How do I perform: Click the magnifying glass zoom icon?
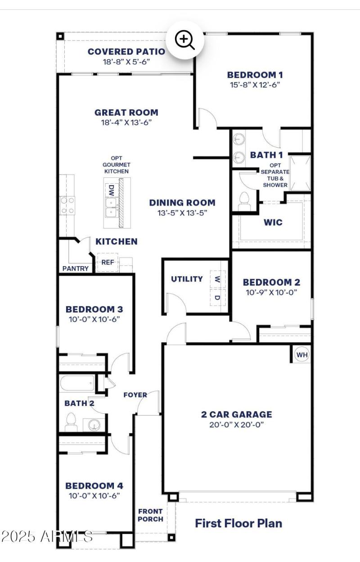click(185, 41)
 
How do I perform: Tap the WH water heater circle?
click(302, 355)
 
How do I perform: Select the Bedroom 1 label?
click(255, 75)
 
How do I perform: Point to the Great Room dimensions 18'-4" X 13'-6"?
click(126, 122)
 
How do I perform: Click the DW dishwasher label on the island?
click(111, 190)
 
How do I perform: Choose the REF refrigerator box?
click(108, 263)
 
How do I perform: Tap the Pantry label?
click(75, 269)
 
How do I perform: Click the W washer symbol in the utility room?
click(217, 279)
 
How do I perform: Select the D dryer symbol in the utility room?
click(217, 298)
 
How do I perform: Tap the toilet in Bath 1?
click(245, 199)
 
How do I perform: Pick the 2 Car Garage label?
click(236, 414)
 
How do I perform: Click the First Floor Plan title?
click(238, 523)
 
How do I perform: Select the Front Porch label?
click(150, 515)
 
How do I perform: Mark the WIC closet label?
click(273, 222)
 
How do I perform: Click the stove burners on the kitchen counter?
click(67, 205)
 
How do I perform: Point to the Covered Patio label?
click(126, 52)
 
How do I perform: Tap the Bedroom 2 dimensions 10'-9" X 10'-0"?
click(271, 292)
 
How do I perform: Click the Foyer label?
click(135, 395)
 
